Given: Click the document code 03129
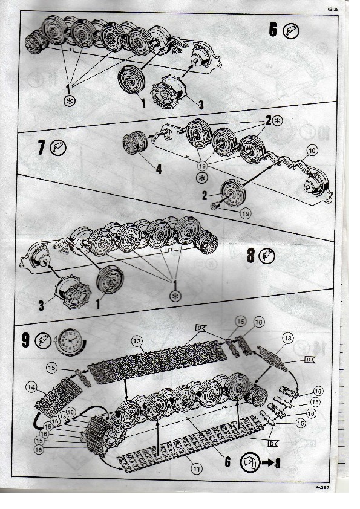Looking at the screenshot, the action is click(x=333, y=9).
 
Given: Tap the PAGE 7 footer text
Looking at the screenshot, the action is click(x=322, y=487).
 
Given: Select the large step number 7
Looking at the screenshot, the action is click(x=41, y=148).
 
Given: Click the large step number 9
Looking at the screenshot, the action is click(x=25, y=340).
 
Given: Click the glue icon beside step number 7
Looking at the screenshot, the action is click(x=58, y=148).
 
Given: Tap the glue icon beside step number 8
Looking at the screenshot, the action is click(x=267, y=256).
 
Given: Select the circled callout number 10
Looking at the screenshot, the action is click(x=312, y=151).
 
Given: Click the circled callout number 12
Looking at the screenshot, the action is click(x=137, y=341).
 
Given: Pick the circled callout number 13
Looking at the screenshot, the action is click(x=288, y=339).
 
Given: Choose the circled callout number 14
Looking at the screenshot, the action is click(x=32, y=387).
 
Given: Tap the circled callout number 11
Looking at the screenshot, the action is click(x=196, y=468).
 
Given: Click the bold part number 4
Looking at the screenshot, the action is click(x=159, y=169).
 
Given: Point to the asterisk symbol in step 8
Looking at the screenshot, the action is click(x=176, y=296).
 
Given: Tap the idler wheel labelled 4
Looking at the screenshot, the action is click(x=135, y=143).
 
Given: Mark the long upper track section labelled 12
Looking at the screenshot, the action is click(x=157, y=360).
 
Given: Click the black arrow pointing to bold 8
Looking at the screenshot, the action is click(x=267, y=462).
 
